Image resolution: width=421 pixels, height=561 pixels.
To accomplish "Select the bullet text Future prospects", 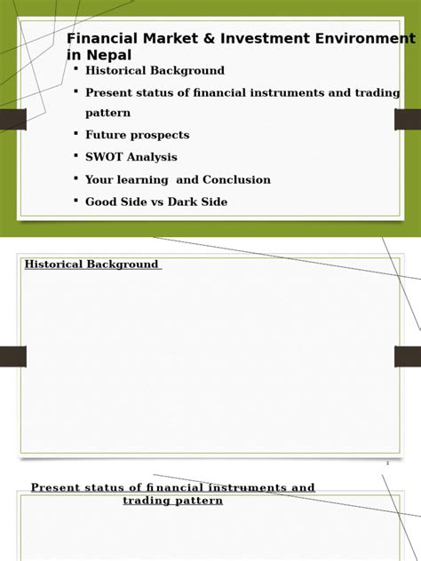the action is point(137,135).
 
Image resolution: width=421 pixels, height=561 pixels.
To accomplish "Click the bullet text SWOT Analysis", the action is point(131,157).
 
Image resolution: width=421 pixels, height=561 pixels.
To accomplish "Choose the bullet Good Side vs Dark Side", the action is point(155,201).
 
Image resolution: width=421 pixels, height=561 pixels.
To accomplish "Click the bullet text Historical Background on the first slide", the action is point(155,70).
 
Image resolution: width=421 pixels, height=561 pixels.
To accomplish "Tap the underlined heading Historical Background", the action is point(91,265).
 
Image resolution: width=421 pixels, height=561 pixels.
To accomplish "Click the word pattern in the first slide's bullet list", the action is point(107,113).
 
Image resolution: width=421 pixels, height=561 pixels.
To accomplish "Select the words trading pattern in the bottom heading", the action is point(172,501).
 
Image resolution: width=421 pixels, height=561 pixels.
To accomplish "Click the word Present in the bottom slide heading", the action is point(58,488).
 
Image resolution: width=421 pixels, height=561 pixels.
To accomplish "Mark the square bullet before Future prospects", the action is point(76,133).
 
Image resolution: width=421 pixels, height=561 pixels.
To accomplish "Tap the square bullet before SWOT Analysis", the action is point(76,155).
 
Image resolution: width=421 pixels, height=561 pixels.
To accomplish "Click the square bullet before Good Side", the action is point(76,200).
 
